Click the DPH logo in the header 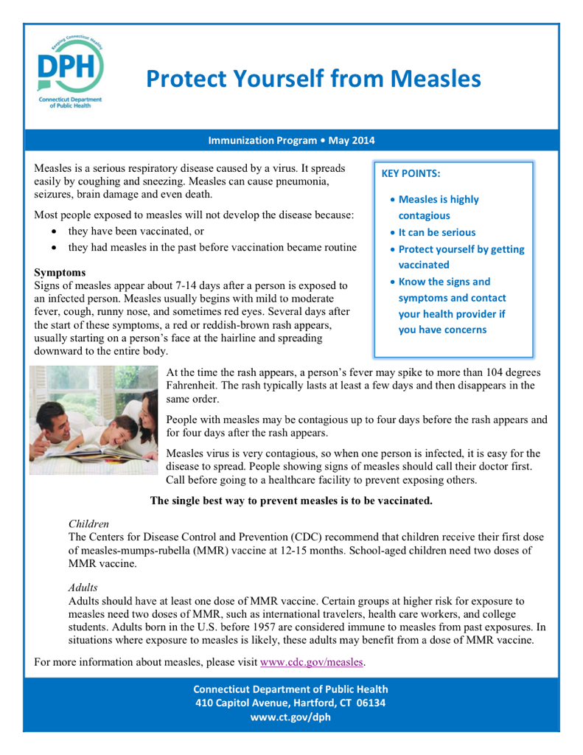pos(71,71)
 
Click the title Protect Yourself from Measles pos(313,78)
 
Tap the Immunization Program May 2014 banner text pos(291,140)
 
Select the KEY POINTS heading pos(411,174)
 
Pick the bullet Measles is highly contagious pos(438,207)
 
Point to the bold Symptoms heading pos(60,272)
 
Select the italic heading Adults pos(83,588)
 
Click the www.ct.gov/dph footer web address pos(290,717)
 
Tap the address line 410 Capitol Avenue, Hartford pos(290,703)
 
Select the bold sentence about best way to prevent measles pos(291,501)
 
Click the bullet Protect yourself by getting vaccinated pos(461,257)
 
